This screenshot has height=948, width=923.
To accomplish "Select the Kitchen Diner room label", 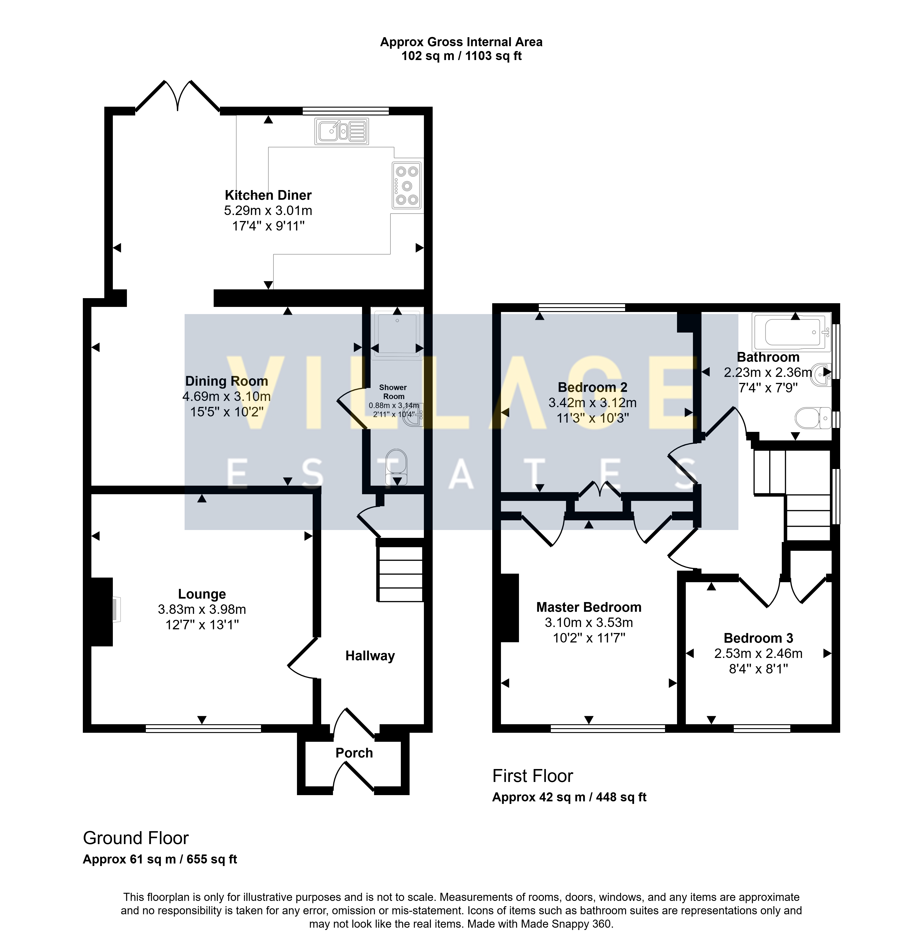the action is click(268, 195).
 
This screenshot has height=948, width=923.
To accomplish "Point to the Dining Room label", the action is click(226, 381).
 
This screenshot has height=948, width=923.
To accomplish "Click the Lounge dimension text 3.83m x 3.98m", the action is click(202, 609).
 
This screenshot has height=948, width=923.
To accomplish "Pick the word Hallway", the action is click(370, 656).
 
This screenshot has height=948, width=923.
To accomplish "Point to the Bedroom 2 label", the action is click(592, 387).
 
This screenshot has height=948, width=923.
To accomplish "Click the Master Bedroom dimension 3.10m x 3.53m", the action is click(589, 622).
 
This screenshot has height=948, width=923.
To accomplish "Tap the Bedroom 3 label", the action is click(758, 638).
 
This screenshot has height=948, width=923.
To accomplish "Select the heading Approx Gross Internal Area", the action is click(461, 42).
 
